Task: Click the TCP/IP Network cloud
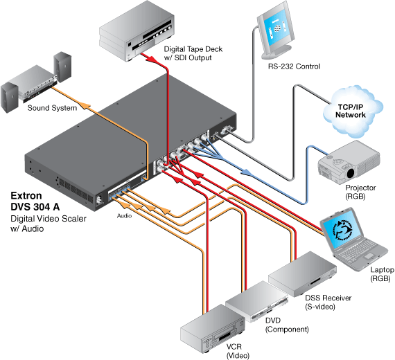point(353,111)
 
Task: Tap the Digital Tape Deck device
point(137,30)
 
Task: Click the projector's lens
point(351,173)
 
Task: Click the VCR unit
point(213,329)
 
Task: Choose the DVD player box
point(256,301)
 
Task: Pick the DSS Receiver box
point(302,273)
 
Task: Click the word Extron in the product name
point(26,196)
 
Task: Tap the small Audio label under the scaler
point(124,216)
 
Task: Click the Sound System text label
point(52,108)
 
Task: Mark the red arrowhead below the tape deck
point(152,59)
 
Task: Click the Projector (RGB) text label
point(360,192)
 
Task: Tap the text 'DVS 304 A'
point(35,207)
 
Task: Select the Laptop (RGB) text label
point(382,274)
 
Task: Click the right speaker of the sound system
point(62,66)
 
